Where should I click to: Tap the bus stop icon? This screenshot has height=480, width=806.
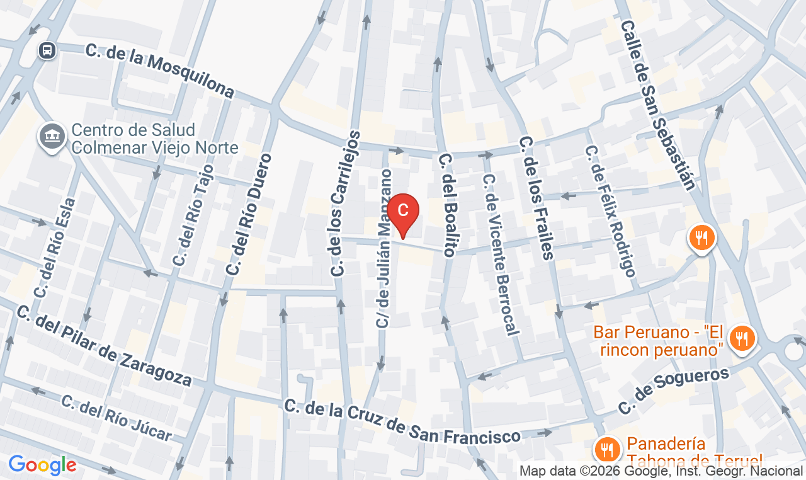tap(47, 50)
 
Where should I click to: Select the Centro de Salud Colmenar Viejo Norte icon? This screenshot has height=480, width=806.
tap(52, 135)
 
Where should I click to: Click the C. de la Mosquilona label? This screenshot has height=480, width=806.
tap(160, 72)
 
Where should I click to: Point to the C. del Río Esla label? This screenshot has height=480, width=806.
tap(55, 248)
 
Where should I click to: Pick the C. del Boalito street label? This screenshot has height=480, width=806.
tap(446, 205)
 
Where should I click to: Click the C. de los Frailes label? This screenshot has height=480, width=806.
tap(536, 198)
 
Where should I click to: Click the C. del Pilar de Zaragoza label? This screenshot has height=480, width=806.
tap(104, 346)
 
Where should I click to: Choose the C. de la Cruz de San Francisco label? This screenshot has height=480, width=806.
tap(402, 421)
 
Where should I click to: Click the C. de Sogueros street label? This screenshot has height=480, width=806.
tap(673, 391)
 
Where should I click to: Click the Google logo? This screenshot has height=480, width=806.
tap(42, 466)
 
